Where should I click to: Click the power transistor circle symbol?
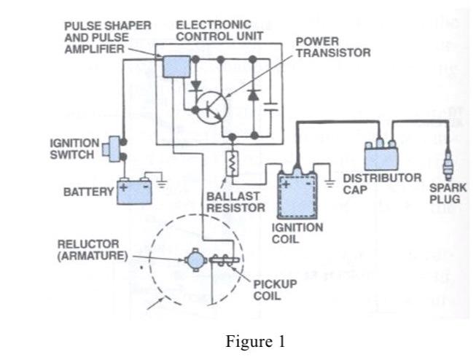pyautogui.click(x=212, y=106)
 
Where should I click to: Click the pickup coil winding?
pyautogui.click(x=221, y=259)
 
